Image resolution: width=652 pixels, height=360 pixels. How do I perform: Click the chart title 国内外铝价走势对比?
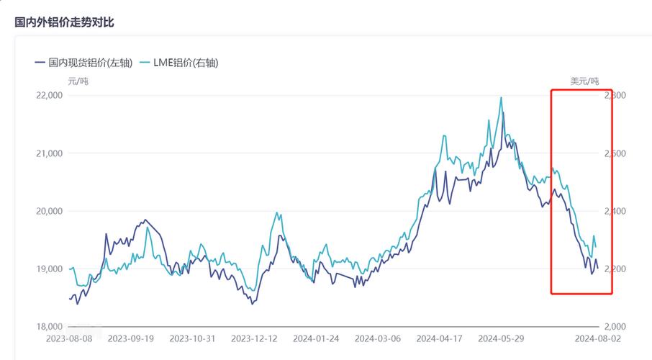pyautogui.click(x=64, y=22)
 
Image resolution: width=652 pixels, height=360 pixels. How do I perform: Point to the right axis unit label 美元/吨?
pyautogui.click(x=584, y=81)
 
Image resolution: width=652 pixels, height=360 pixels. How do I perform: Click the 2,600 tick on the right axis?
pyautogui.click(x=614, y=153)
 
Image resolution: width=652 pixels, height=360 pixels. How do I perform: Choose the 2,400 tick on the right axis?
pyautogui.click(x=614, y=211)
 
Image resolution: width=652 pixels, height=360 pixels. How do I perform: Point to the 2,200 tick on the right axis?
pyautogui.click(x=614, y=269)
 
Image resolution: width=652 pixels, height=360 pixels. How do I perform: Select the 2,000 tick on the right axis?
pyautogui.click(x=614, y=326)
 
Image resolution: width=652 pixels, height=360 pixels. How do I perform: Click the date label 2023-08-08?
pyautogui.click(x=70, y=338)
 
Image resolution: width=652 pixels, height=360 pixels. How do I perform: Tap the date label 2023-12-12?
pyautogui.click(x=254, y=338)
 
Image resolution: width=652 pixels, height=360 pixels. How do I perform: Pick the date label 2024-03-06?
pyautogui.click(x=378, y=338)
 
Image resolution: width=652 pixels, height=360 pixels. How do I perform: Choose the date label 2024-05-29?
pyautogui.click(x=502, y=338)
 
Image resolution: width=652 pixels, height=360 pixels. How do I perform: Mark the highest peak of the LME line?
pyautogui.click(x=501, y=97)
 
